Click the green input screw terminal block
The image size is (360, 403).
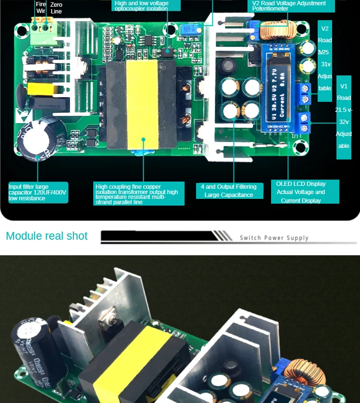tap(41, 26)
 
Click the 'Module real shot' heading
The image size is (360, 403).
tap(47, 236)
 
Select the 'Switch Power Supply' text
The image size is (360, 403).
tap(274, 238)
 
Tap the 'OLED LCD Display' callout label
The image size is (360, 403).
tap(301, 192)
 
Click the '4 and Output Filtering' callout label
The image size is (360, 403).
tap(229, 191)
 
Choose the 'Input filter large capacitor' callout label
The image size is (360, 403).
tap(38, 192)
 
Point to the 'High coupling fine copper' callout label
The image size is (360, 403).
tap(139, 194)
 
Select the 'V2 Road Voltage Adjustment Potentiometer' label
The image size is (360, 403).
tap(289, 6)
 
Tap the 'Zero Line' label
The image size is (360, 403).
tap(56, 8)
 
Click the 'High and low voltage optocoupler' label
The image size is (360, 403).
tap(147, 5)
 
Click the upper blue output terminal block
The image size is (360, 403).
tap(303, 93)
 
